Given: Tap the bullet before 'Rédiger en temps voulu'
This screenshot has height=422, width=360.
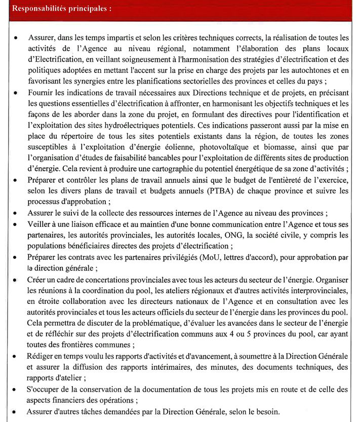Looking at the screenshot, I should pyautogui.click(x=17, y=357).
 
